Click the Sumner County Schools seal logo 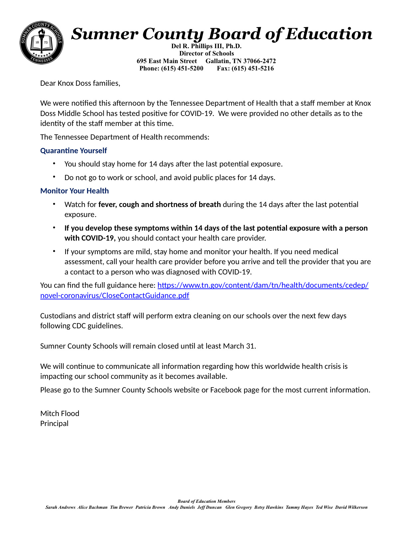[42, 43]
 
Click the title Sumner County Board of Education [222, 34]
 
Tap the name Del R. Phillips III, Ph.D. [206, 46]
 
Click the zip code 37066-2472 [259, 61]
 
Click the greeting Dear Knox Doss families [80, 83]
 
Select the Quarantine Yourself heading [73, 151]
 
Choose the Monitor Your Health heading [74, 191]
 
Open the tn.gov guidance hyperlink [263, 285]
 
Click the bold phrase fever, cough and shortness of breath [160, 204]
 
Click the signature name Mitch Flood [60, 413]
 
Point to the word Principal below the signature [54, 423]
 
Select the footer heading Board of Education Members [206, 501]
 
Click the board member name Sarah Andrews [60, 507]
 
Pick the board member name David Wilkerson [351, 507]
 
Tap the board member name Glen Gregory [238, 507]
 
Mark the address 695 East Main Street [167, 61]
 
